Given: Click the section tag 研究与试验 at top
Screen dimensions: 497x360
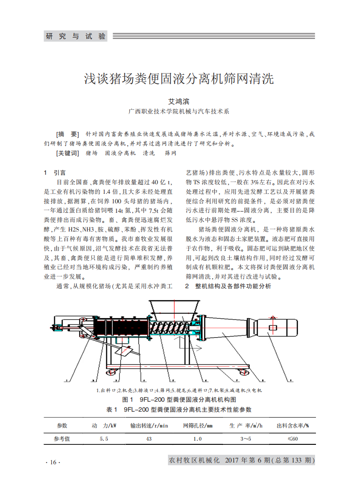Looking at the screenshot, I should tap(75, 36).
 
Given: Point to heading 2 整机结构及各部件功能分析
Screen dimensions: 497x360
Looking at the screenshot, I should tap(228, 286).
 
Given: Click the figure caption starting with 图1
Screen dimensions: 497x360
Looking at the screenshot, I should tap(180, 400).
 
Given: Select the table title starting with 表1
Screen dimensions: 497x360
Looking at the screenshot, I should tap(178, 409).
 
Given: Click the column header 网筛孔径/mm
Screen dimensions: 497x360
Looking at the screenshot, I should tap(197, 426).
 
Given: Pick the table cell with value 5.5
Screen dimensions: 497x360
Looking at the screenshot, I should tap(104, 439).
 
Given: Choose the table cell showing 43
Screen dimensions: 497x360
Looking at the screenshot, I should tap(149, 439).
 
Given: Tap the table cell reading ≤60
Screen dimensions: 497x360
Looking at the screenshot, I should tap(292, 439).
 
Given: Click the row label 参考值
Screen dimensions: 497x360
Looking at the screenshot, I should tap(62, 439).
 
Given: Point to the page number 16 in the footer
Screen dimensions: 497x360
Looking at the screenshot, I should tap(53, 462).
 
